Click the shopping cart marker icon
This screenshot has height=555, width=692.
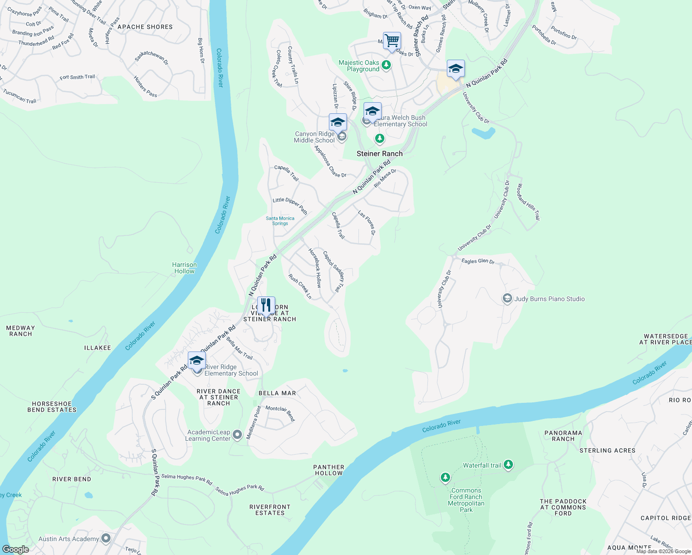[392, 41]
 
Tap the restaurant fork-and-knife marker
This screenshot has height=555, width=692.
[266, 305]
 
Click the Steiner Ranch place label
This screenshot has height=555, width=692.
[379, 154]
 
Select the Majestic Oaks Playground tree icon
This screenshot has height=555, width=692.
[386, 66]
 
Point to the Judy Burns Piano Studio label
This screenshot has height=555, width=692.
[549, 299]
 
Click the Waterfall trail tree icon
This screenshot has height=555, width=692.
[508, 464]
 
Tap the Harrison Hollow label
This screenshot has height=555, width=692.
[184, 268]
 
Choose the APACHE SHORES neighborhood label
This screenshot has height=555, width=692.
[145, 27]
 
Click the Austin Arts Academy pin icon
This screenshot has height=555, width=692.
[106, 538]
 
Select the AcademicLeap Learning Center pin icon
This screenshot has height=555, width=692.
[237, 435]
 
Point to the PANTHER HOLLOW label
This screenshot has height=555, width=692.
[328, 470]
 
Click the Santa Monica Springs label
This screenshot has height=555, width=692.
[280, 221]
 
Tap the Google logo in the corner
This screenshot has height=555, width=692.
[15, 549]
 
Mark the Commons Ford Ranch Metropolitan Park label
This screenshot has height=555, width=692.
[466, 500]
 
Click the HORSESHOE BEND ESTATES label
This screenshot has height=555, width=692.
[52, 407]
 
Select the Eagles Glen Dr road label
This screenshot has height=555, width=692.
[478, 261]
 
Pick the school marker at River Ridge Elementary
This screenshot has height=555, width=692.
[197, 361]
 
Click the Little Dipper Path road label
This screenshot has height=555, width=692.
[290, 205]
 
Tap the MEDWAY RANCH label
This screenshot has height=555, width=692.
[21, 331]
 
